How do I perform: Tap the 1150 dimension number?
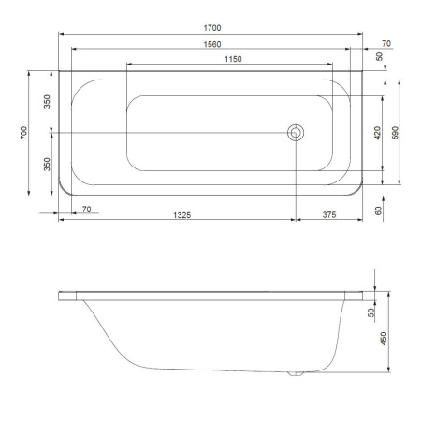[x=232, y=59]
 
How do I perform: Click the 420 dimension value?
[x=377, y=133]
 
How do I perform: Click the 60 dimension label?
[x=379, y=210]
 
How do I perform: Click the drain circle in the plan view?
[x=297, y=133]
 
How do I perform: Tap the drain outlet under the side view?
[x=297, y=375]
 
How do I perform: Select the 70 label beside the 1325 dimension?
[x=86, y=209]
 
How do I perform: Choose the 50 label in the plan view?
[x=379, y=57]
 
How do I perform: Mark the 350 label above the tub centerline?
[x=47, y=101]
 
